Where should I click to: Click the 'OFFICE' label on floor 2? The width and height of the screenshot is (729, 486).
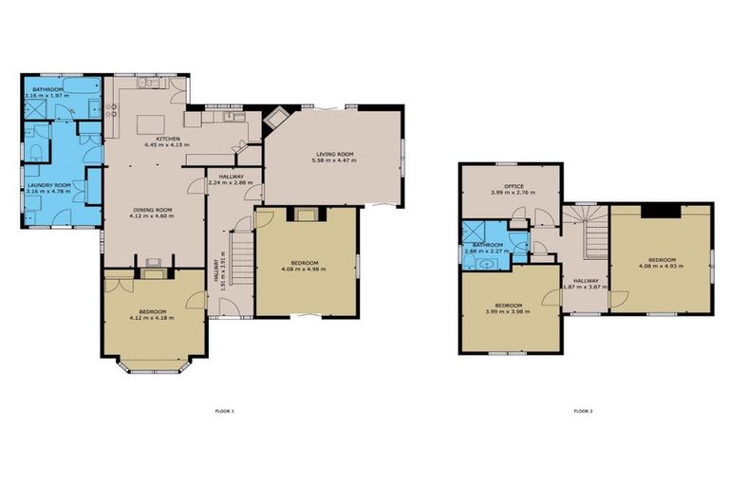tap(514, 185)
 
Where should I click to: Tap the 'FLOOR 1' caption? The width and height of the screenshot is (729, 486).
tap(225, 411)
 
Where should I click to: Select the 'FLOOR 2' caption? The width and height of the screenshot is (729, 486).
tap(583, 411)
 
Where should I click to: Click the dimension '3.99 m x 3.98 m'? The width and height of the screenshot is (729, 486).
tap(507, 311)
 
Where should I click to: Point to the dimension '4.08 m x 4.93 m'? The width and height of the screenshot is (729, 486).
tap(661, 267)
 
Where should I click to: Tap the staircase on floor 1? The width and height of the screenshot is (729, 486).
tap(240, 256)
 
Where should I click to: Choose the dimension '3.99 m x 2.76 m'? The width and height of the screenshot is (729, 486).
tap(514, 192)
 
